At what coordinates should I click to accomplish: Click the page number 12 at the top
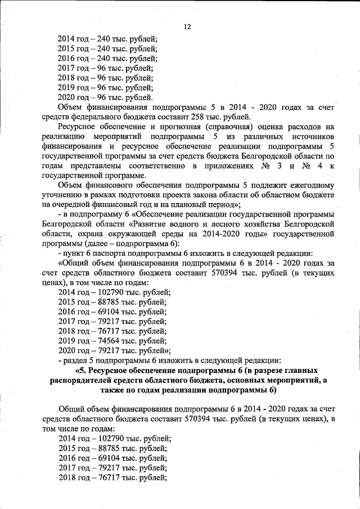point(188,26)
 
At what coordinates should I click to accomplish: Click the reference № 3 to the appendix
point(266,166)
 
